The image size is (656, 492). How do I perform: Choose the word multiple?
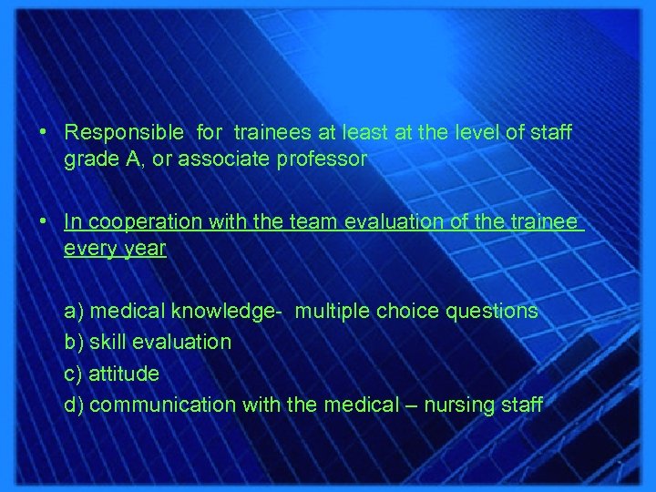[333, 312]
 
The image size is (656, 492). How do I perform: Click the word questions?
[492, 312]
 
